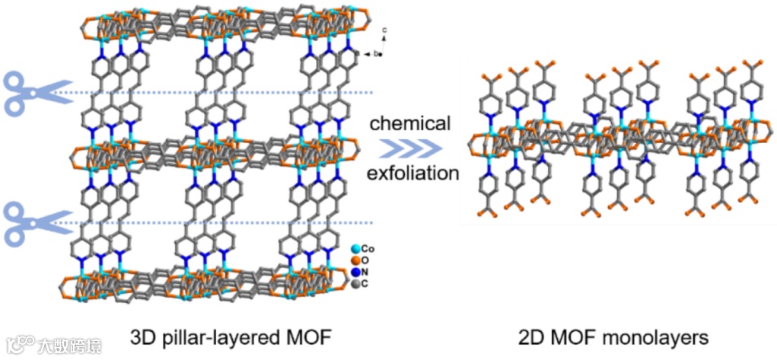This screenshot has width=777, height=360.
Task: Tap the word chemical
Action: [412, 123]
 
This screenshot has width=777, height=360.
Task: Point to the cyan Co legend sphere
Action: [355, 249]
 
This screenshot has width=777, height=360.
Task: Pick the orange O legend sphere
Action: [355, 260]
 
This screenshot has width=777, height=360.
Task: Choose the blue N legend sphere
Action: [355, 272]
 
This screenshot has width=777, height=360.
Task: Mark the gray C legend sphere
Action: [355, 284]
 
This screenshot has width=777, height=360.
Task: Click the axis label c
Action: [385, 30]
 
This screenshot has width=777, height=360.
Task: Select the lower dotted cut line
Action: [228, 223]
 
